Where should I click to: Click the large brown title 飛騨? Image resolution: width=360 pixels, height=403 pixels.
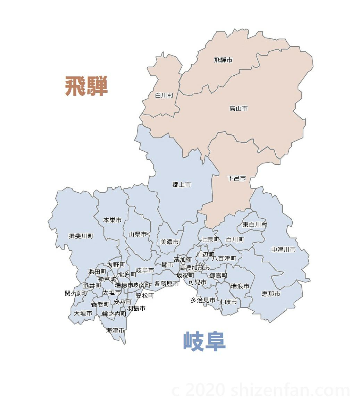[86, 86]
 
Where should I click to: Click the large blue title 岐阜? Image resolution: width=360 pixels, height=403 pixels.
[204, 342]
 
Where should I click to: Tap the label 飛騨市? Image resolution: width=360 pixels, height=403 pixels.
[223, 60]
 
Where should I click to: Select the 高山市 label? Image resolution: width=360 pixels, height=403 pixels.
[238, 109]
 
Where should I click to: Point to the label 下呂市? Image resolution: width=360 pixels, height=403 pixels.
[237, 178]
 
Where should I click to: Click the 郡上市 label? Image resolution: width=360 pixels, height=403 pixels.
[182, 185]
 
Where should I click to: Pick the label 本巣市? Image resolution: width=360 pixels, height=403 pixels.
[112, 220]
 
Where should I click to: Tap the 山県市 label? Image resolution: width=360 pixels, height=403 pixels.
[137, 234]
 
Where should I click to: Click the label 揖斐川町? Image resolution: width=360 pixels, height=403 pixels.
[81, 236]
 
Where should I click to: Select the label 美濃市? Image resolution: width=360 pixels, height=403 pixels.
[170, 242]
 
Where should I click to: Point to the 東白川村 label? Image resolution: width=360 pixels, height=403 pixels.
[255, 225]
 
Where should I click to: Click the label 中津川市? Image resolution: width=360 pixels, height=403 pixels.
[284, 250]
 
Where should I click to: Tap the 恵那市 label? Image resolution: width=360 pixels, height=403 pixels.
[271, 294]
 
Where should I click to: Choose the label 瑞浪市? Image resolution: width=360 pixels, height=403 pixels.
[240, 286]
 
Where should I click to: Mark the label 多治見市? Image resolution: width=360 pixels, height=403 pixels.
[203, 300]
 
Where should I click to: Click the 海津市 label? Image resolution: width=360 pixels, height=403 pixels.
[115, 330]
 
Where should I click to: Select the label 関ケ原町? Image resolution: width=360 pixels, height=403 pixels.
[76, 293]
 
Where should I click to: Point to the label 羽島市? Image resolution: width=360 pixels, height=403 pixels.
[136, 308]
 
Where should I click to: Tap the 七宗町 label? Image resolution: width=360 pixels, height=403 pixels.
[210, 240]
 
